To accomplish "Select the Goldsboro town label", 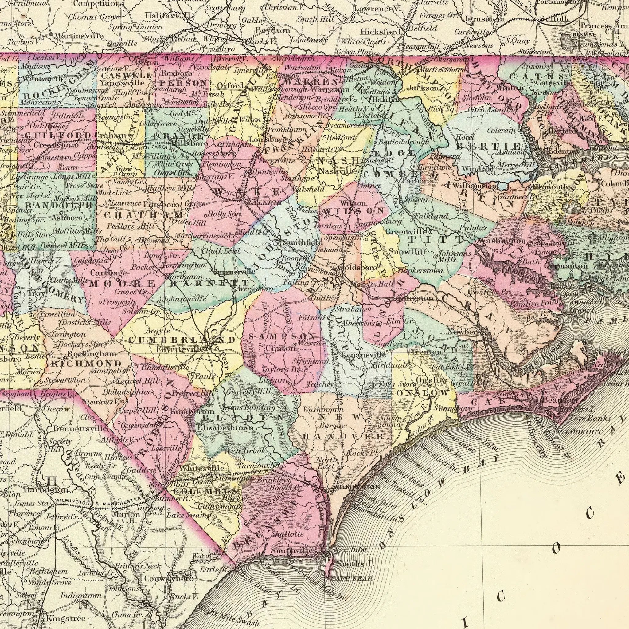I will pyautogui.click(x=358, y=267).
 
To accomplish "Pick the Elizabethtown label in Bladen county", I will pyautogui.click(x=225, y=427).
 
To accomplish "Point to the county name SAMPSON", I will pyautogui.click(x=282, y=336).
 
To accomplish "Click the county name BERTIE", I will pyautogui.click(x=488, y=146).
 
